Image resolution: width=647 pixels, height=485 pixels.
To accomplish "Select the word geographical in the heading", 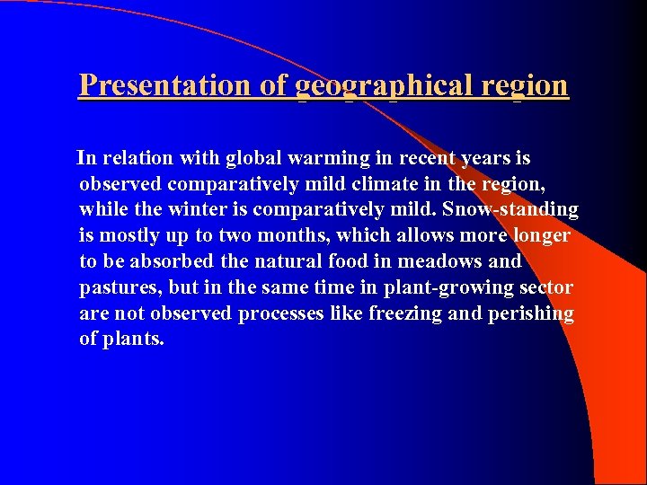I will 382,86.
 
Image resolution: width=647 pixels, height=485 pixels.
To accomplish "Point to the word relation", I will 137,159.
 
